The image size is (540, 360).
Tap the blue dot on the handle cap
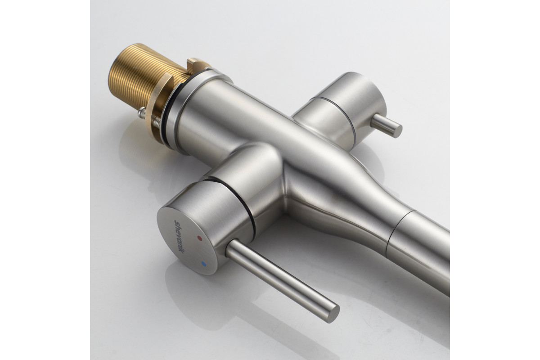click(204, 264)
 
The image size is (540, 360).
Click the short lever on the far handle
click(386, 126)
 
